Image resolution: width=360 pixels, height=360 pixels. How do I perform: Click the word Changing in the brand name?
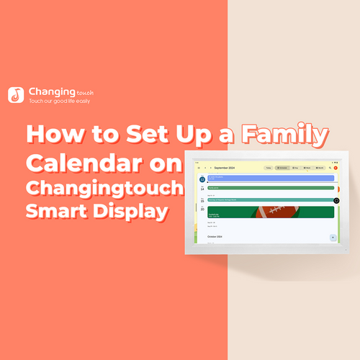[52, 92]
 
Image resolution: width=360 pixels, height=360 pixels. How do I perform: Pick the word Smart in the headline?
[58, 212]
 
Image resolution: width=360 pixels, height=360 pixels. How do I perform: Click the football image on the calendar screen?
[270, 213]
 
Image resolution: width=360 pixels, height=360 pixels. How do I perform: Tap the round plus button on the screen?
[332, 237]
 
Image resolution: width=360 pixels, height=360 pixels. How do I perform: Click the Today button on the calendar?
[269, 167]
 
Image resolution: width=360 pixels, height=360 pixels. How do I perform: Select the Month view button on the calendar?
[319, 167]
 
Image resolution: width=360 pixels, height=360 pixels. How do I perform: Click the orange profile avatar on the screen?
[335, 167]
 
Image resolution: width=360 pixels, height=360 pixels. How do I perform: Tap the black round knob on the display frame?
[336, 200]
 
